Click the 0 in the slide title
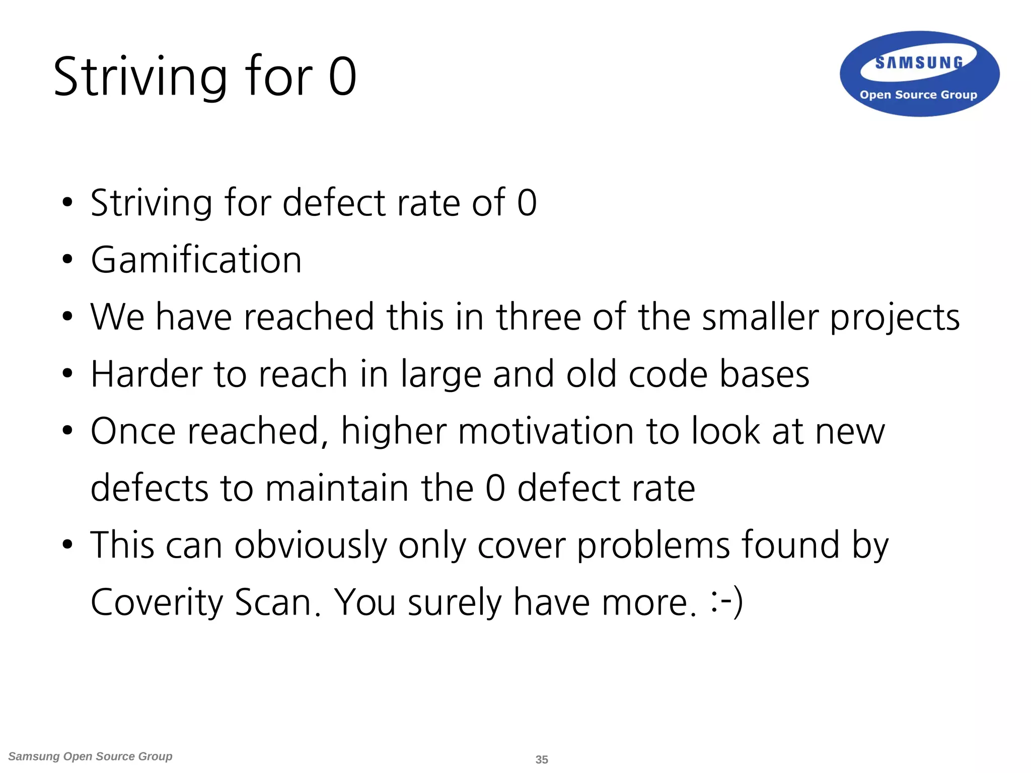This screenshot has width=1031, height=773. [x=342, y=76]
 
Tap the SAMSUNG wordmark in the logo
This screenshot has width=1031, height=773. [x=919, y=62]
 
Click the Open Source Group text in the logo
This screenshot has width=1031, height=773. [x=918, y=95]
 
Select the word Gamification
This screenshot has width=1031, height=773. [x=196, y=260]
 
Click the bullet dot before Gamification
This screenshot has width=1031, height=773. [x=67, y=260]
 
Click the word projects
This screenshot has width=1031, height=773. [x=895, y=318]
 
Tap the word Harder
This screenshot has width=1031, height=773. [x=146, y=374]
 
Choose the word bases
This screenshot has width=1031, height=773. [x=764, y=374]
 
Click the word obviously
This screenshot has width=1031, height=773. [x=310, y=546]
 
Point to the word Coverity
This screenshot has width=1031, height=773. [x=157, y=603]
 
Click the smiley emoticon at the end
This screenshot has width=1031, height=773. [x=726, y=602]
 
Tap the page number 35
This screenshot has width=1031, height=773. [x=542, y=759]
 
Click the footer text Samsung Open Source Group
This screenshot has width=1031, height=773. [x=91, y=756]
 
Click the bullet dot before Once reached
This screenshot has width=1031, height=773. [x=67, y=431]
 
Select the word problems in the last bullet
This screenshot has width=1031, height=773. [x=653, y=546]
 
